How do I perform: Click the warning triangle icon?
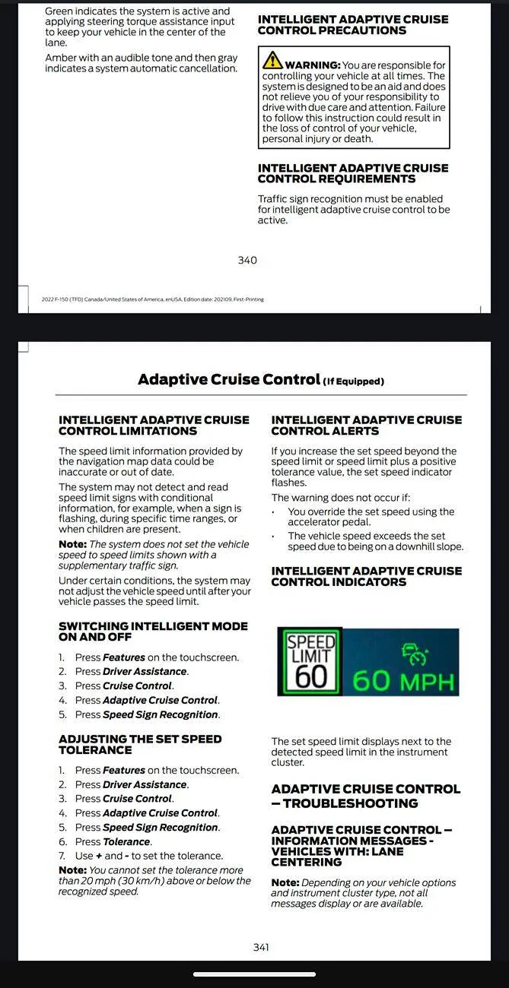(x=272, y=60)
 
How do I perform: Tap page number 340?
(x=247, y=260)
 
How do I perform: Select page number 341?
(x=261, y=947)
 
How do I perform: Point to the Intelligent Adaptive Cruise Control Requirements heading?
(x=353, y=173)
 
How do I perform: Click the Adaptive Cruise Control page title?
(x=228, y=379)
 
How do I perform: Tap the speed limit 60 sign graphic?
(x=310, y=661)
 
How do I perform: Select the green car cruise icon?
(x=415, y=653)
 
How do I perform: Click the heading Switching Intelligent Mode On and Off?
(x=153, y=632)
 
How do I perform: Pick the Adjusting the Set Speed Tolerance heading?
(x=140, y=744)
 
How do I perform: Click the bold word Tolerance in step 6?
(x=126, y=841)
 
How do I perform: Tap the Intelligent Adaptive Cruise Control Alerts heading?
(x=367, y=425)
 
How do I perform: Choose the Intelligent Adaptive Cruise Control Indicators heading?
(x=367, y=576)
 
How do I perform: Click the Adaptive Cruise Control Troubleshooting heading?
(x=366, y=796)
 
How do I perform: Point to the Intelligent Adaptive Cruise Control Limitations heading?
(x=154, y=425)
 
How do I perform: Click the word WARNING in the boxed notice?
(x=312, y=65)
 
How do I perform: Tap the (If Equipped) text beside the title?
(x=354, y=382)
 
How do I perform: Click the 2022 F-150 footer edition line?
(x=152, y=299)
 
